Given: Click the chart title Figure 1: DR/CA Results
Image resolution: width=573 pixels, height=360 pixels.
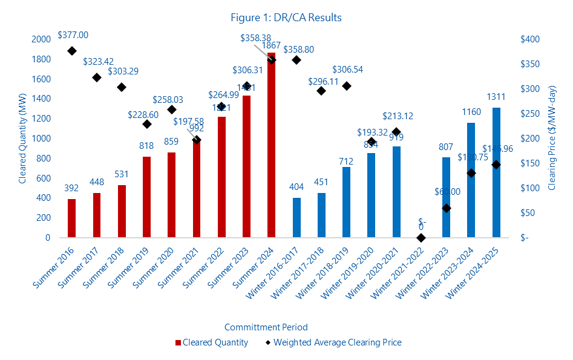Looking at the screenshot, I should point(286,18).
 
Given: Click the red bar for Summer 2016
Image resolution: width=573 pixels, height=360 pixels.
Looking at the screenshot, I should point(72,218).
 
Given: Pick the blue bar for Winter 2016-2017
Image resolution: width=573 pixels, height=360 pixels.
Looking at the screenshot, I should point(296,218).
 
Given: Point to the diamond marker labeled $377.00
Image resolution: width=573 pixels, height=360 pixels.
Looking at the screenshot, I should point(72,51).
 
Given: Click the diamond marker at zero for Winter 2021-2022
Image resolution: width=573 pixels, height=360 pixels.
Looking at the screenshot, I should point(421,238).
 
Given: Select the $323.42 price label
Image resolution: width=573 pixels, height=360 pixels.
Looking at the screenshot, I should point(97,62).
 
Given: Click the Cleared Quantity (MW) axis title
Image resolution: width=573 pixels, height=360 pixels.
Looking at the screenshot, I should point(22,139).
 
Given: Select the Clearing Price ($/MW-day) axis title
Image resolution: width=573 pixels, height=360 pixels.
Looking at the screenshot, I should point(551,139).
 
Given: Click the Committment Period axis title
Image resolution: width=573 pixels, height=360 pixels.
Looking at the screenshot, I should point(266,327).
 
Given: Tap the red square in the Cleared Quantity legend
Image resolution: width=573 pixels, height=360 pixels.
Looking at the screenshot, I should point(178,343).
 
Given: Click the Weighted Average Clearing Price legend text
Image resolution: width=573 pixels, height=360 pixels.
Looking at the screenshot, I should point(338,342).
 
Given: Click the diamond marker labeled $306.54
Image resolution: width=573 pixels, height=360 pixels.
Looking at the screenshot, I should point(347,86).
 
